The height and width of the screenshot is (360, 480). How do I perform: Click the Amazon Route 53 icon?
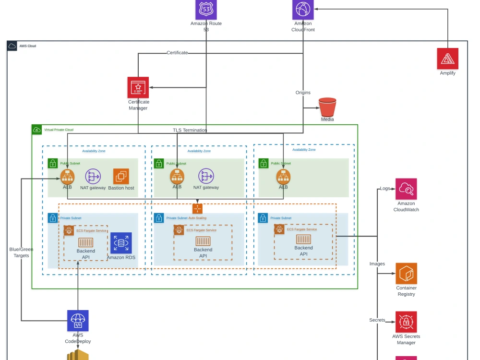[206, 9]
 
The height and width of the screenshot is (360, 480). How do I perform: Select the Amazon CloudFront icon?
[303, 9]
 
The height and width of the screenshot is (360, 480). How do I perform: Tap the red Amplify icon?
[447, 58]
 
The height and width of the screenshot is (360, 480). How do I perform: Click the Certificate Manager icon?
[138, 87]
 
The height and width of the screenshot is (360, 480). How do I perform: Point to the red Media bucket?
[327, 106]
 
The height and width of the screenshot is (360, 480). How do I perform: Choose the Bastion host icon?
[121, 176]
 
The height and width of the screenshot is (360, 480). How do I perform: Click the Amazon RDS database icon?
[121, 243]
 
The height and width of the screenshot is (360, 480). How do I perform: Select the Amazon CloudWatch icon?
[406, 189]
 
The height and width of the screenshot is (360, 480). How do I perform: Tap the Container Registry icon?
[406, 273]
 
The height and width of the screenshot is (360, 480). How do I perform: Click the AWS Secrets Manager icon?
[406, 322]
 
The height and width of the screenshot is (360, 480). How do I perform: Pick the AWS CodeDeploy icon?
[78, 321]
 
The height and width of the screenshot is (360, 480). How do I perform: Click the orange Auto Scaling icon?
[198, 209]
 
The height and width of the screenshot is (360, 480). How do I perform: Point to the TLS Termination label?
[190, 130]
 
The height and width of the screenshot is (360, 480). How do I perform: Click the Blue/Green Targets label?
[21, 252]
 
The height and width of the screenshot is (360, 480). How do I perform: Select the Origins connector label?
[303, 93]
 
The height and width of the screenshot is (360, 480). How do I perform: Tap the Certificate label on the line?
[177, 53]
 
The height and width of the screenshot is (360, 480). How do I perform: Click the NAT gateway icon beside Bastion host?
[93, 176]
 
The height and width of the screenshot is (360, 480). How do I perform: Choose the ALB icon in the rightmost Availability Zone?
[283, 177]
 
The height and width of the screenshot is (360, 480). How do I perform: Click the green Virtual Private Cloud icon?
[37, 130]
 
